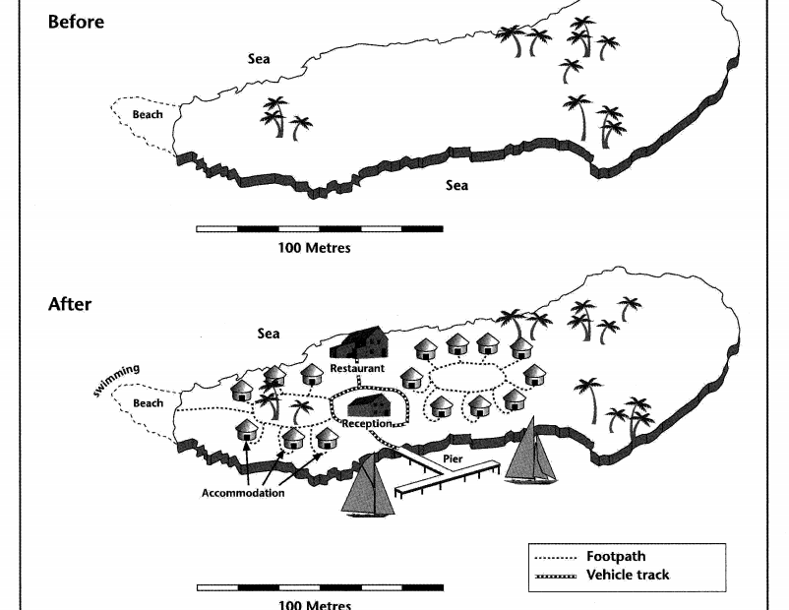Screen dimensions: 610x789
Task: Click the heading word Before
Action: click(76, 22)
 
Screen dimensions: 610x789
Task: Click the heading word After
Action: click(70, 304)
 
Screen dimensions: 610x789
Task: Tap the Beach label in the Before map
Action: click(148, 114)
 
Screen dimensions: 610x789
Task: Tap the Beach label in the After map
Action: click(148, 403)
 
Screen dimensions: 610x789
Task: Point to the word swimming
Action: click(116, 381)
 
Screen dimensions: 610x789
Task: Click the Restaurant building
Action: click(359, 345)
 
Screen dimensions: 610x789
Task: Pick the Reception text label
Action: click(367, 424)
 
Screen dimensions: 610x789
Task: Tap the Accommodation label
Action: click(243, 493)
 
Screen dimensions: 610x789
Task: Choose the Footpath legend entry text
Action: click(616, 556)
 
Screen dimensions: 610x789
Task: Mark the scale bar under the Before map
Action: click(319, 228)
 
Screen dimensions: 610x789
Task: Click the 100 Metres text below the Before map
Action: click(315, 248)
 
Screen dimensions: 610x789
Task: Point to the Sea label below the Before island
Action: click(456, 185)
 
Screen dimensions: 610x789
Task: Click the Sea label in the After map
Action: click(269, 334)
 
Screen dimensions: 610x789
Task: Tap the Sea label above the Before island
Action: click(259, 59)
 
